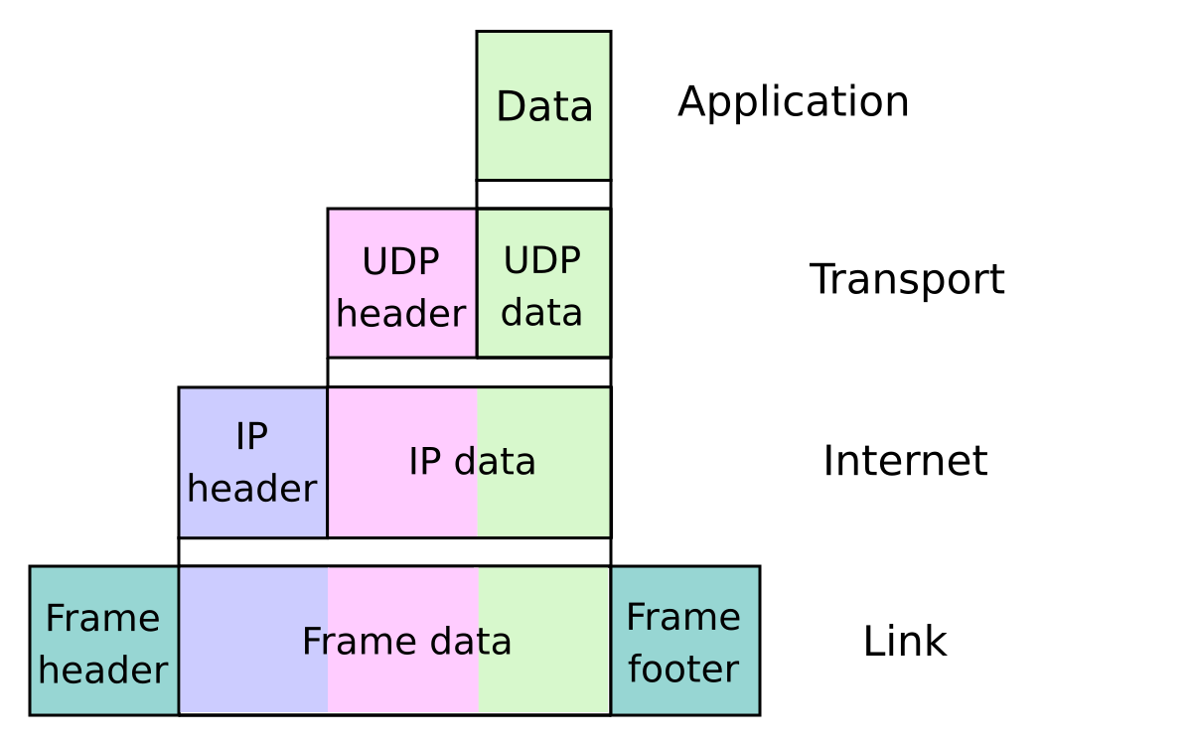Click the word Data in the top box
coord(544,107)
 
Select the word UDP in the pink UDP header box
coord(400,262)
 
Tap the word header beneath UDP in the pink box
coord(400,314)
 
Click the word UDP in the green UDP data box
coord(541,261)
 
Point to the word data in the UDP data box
coord(541,312)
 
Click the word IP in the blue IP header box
coord(251,437)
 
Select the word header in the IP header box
coord(251,489)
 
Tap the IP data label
coord(472,462)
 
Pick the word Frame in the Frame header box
coord(102,619)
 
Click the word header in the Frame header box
coord(102,670)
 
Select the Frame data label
coord(406,642)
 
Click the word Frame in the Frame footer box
coord(683,618)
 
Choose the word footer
coord(683,670)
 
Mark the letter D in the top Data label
coord(509,107)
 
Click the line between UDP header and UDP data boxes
coord(477,283)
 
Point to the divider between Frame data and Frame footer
coord(610,641)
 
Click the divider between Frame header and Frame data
coord(179,641)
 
